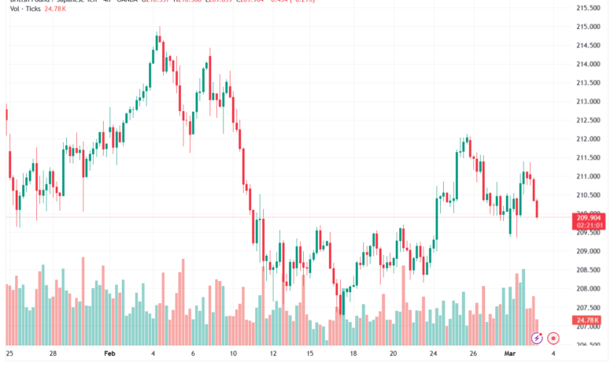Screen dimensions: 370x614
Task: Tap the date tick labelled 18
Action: pyautogui.click(x=353, y=354)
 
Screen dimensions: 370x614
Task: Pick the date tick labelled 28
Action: pyautogui.click(x=53, y=354)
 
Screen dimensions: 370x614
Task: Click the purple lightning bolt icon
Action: pyautogui.click(x=537, y=338)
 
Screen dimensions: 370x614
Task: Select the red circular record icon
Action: pyautogui.click(x=553, y=338)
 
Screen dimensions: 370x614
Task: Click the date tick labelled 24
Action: pyautogui.click(x=433, y=354)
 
